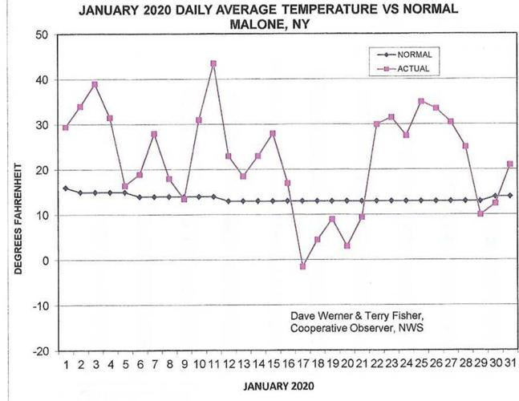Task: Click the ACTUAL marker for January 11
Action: tap(213, 63)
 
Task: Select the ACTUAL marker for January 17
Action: tap(302, 266)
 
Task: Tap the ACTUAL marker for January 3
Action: tap(95, 84)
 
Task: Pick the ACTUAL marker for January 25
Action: tap(421, 101)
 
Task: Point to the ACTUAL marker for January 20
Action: tap(347, 245)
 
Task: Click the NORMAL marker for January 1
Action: tap(65, 188)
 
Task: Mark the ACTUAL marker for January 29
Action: tap(480, 213)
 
